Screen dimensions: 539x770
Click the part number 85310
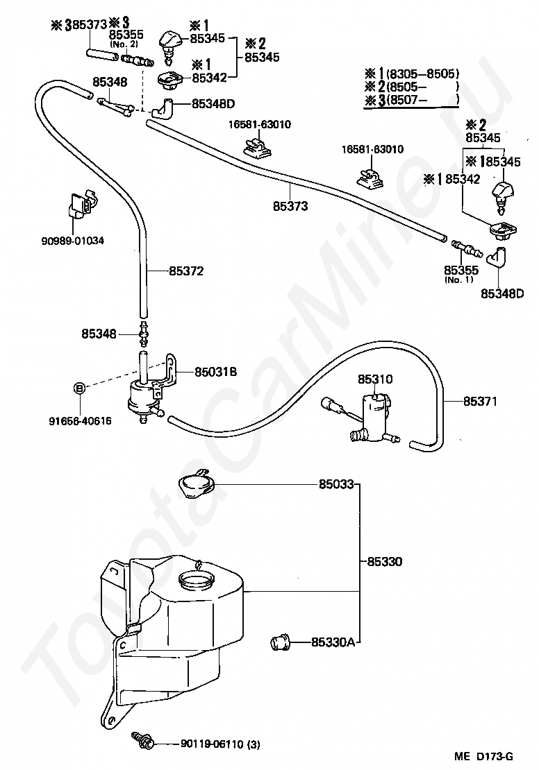375,379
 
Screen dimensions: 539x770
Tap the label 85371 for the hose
480,401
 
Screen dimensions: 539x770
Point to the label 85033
336,484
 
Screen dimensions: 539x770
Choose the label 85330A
333,642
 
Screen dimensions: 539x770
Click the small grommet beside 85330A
281,642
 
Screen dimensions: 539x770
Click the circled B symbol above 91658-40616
79,388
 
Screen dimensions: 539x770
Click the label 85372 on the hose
186,271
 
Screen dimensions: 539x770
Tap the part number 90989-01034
73,241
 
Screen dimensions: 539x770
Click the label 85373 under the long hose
290,206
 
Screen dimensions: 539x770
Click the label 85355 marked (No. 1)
461,270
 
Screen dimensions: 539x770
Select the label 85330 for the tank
385,561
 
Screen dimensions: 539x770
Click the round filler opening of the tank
196,579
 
